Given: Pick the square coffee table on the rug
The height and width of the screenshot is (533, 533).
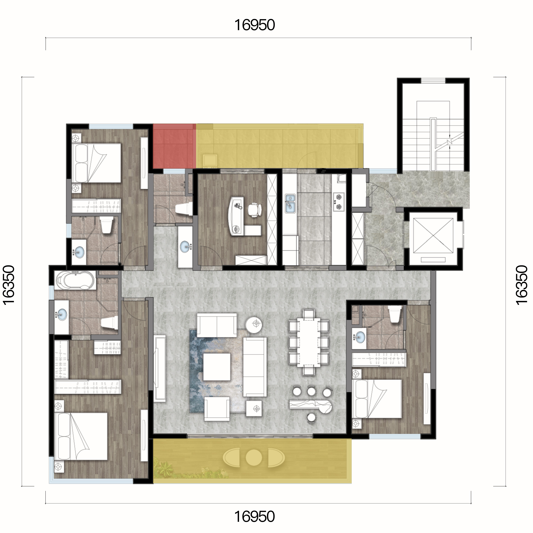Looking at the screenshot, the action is [x=217, y=367].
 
